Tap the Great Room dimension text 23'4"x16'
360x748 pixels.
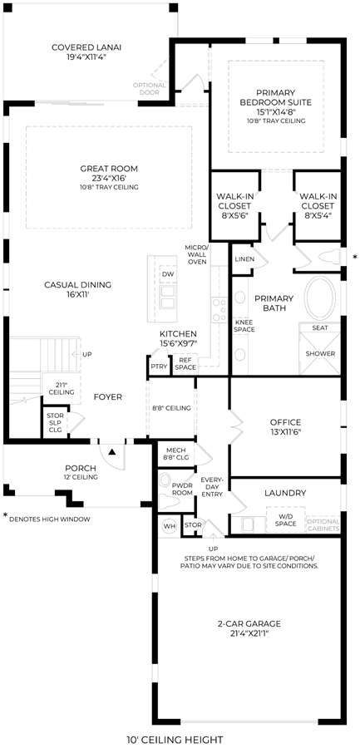tap(109, 178)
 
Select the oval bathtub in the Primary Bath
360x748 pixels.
tap(320, 298)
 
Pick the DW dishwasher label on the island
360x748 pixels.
tap(167, 274)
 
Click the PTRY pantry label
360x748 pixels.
tap(158, 367)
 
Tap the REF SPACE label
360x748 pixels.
tap(185, 364)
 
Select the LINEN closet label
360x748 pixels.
tap(244, 259)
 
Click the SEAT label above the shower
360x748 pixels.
tap(319, 327)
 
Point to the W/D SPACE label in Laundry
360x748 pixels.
tap(285, 519)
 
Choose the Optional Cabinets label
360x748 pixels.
tap(323, 524)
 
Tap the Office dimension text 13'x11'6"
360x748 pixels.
tap(285, 431)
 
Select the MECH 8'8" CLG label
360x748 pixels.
tap(177, 454)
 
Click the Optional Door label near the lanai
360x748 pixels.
tap(150, 88)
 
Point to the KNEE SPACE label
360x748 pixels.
tap(244, 326)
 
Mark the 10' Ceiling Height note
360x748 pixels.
tap(175, 740)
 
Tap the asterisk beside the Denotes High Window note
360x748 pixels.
tap(6, 515)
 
